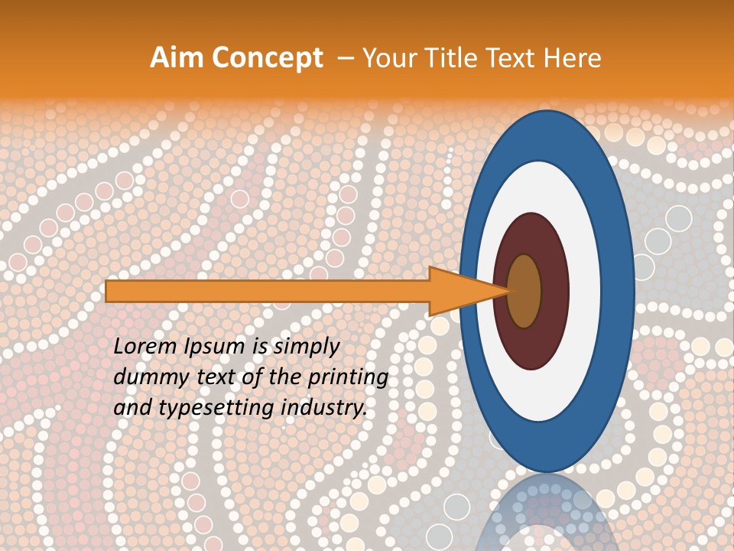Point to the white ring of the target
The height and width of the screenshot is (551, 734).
(x=585, y=291)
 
